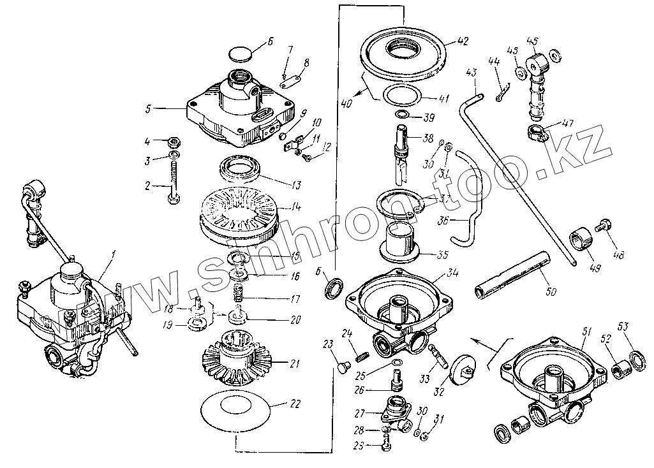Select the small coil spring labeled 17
[x=237, y=295]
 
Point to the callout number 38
[x=428, y=138]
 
